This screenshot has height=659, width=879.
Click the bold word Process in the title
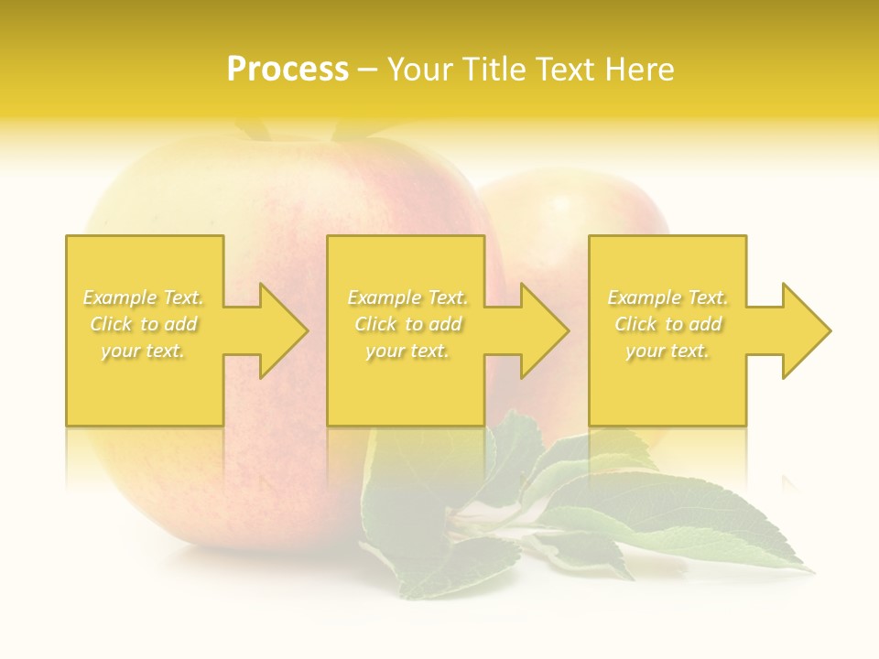coord(288,70)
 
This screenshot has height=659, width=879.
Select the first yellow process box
coord(144,394)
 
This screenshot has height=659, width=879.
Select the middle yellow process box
coord(406,394)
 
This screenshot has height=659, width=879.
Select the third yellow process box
coord(667,394)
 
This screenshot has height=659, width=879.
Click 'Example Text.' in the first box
coord(143,297)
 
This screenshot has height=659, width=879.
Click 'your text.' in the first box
coord(143,351)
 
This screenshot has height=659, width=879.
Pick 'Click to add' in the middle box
coord(407,324)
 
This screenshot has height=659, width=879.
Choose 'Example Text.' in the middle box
coord(407,297)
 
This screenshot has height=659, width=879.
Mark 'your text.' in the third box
coord(667,351)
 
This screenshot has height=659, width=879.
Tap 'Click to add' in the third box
coord(667,324)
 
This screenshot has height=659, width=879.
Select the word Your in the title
coord(421,70)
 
